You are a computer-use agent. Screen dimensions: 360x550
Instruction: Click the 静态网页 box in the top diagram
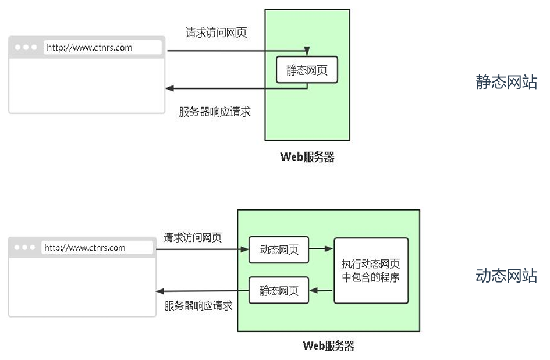[307, 70]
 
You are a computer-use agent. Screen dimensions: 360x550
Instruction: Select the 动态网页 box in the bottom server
[279, 249]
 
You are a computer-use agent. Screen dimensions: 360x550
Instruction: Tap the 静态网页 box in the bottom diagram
[279, 290]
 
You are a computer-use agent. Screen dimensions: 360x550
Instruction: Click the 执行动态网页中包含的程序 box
[371, 270]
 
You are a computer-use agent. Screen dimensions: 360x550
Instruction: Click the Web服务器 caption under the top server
[307, 157]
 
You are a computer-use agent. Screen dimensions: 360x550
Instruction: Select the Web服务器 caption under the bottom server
[328, 345]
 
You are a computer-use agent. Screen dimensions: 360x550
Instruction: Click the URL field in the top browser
[102, 48]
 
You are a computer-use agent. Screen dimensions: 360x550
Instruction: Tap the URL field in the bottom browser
[97, 248]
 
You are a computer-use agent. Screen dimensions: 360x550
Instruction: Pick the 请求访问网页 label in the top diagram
[216, 33]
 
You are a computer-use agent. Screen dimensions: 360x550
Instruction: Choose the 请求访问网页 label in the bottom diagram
[193, 237]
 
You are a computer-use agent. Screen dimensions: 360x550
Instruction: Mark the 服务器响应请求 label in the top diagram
[215, 112]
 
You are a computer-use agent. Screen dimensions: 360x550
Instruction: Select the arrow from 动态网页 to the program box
[321, 249]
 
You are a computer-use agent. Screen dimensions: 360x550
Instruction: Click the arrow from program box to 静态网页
[321, 290]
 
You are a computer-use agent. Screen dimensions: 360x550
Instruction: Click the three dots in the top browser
[27, 48]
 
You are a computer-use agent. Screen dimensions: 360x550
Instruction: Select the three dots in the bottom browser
[24, 248]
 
